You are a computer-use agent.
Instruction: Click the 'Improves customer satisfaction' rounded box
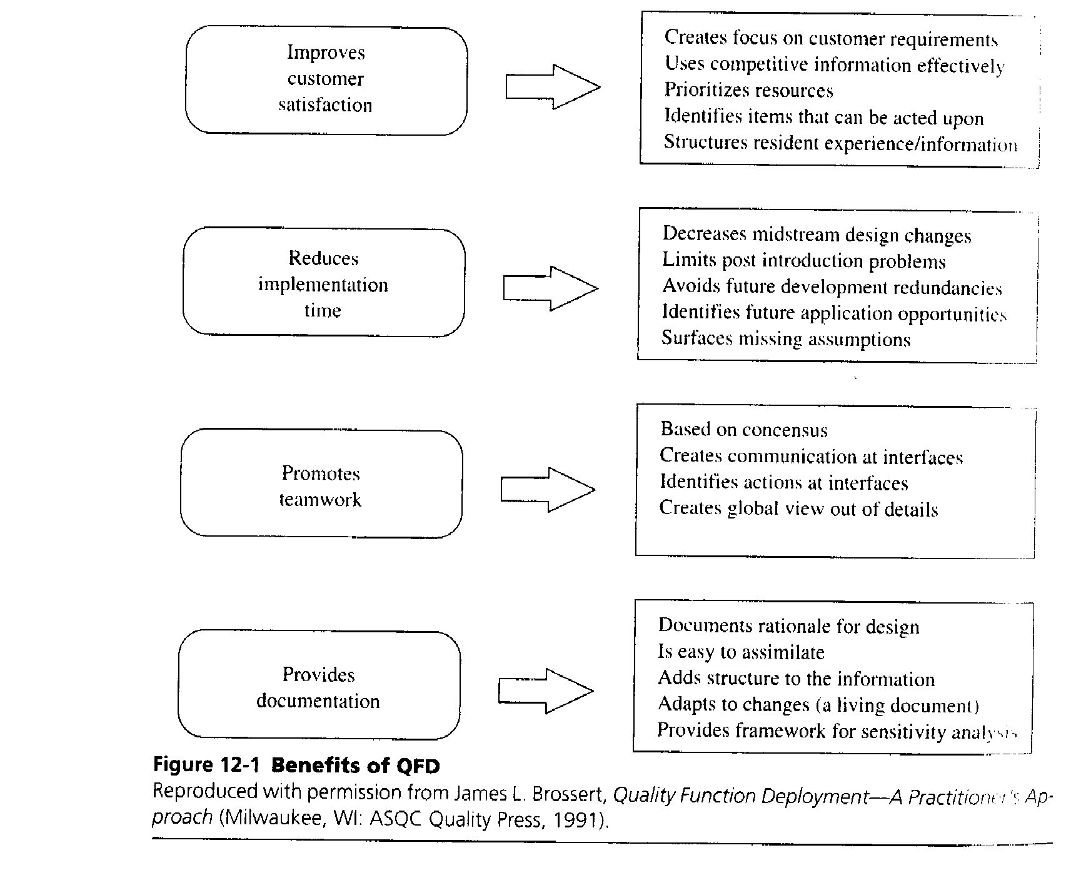[x=326, y=79]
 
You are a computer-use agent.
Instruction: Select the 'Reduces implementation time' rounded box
[x=323, y=283]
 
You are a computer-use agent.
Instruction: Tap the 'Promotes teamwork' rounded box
[x=321, y=484]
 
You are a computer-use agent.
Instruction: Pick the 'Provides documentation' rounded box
[x=319, y=685]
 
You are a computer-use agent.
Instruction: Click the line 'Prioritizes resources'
[x=748, y=91]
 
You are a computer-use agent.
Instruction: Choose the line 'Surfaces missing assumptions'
[x=786, y=339]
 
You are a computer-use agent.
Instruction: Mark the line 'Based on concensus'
[x=743, y=430]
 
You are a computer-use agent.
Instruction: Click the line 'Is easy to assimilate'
[x=741, y=652]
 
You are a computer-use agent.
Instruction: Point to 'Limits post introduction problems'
[x=803, y=260]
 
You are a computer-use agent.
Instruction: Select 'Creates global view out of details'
[x=798, y=508]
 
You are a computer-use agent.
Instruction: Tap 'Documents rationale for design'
[x=788, y=626]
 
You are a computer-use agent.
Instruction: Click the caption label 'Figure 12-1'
[x=206, y=765]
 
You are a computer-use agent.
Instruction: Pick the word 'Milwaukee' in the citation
[x=278, y=819]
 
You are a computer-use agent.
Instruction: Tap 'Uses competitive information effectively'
[x=834, y=64]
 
